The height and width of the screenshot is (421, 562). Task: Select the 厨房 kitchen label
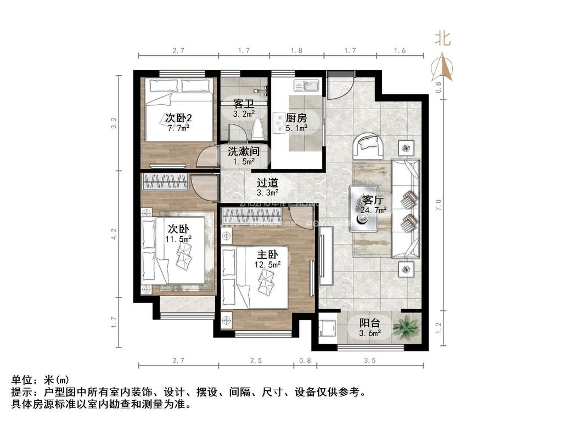pyautogui.click(x=296, y=118)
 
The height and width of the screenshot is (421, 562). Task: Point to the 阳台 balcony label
pyautogui.click(x=370, y=323)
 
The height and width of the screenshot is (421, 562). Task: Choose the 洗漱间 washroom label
pyautogui.click(x=243, y=151)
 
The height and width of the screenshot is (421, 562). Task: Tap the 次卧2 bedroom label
pyautogui.click(x=178, y=118)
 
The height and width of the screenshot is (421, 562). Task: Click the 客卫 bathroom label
pyautogui.click(x=243, y=104)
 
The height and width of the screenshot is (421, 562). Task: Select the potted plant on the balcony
pyautogui.click(x=407, y=328)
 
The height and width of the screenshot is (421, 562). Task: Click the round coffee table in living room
pyautogui.click(x=363, y=219)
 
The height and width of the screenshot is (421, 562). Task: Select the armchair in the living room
pyautogui.click(x=369, y=145)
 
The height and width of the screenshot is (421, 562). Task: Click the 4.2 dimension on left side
pyautogui.click(x=114, y=235)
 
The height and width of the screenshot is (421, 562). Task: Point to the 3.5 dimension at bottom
pyautogui.click(x=369, y=360)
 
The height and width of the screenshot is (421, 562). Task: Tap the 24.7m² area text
pyautogui.click(x=373, y=209)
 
